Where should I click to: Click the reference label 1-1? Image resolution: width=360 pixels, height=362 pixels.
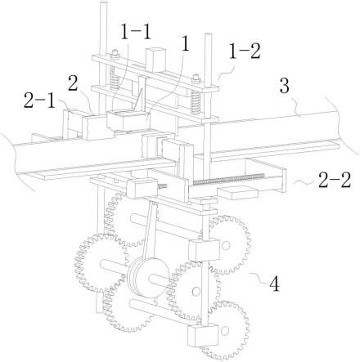(x=136, y=32)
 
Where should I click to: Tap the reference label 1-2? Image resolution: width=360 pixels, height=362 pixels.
(x=245, y=51)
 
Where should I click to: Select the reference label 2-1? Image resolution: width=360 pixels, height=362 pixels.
(x=40, y=100)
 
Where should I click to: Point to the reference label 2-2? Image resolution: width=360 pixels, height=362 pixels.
(x=335, y=180)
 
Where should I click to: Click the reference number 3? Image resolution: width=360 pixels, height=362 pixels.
(x=285, y=86)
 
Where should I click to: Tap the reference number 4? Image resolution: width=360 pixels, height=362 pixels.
(x=274, y=285)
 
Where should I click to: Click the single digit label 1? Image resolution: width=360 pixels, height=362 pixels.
(x=186, y=45)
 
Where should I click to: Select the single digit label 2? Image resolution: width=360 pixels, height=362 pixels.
(x=74, y=84)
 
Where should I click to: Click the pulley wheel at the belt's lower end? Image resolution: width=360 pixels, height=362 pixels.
(x=149, y=278)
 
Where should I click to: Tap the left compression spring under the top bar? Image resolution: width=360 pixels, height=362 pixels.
(x=115, y=75)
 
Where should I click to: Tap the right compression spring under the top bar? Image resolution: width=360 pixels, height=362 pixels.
(x=196, y=102)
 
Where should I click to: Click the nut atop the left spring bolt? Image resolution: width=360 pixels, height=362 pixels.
(x=115, y=54)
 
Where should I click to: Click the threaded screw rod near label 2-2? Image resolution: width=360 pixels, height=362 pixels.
(x=228, y=179)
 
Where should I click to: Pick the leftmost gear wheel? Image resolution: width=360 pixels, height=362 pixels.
(x=101, y=264)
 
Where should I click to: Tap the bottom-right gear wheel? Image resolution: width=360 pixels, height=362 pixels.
(x=226, y=330)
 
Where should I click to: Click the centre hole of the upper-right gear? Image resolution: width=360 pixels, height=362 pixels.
(x=225, y=245)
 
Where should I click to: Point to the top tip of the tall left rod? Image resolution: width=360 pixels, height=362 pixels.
(x=103, y=2)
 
